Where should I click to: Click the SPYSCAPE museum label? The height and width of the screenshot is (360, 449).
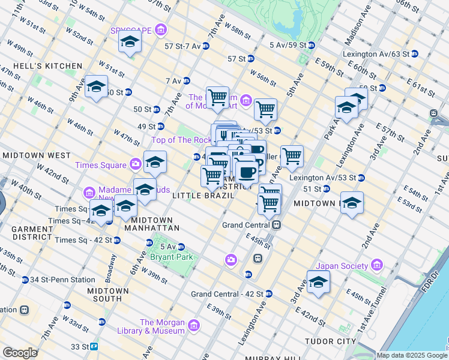[131, 30]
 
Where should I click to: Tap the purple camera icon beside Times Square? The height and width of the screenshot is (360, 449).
[136, 164]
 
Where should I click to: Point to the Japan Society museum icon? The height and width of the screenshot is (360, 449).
[377, 265]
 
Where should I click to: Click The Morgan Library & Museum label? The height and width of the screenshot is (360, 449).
[162, 326]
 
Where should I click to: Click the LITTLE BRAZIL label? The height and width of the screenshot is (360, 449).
[199, 196]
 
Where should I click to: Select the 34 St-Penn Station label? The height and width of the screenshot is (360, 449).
[62, 280]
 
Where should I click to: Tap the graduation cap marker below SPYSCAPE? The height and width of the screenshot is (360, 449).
[129, 43]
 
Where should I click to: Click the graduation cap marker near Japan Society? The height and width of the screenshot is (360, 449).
[318, 282]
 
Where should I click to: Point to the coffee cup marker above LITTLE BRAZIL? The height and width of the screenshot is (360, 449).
[246, 173]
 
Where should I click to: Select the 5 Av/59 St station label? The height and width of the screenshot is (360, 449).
[292, 45]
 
